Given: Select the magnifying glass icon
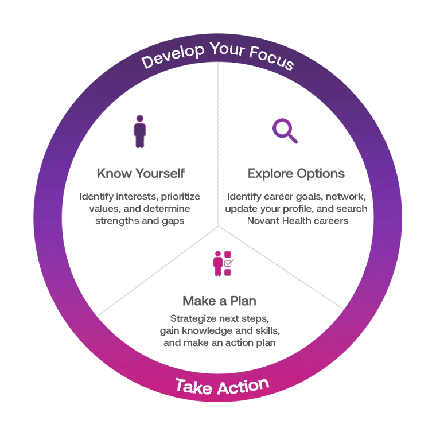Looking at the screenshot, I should [x=285, y=130].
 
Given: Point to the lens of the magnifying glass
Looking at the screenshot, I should [x=281, y=127].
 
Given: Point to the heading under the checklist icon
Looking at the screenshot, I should [x=217, y=301].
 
